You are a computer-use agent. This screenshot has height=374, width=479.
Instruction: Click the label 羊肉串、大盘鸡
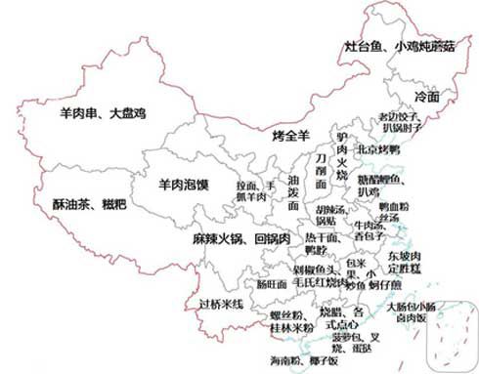pyautogui.click(x=102, y=113)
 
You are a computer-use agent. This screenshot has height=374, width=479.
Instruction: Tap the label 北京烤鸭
pyautogui.click(x=380, y=149)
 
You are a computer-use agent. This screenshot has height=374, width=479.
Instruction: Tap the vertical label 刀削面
pyautogui.click(x=319, y=170)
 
